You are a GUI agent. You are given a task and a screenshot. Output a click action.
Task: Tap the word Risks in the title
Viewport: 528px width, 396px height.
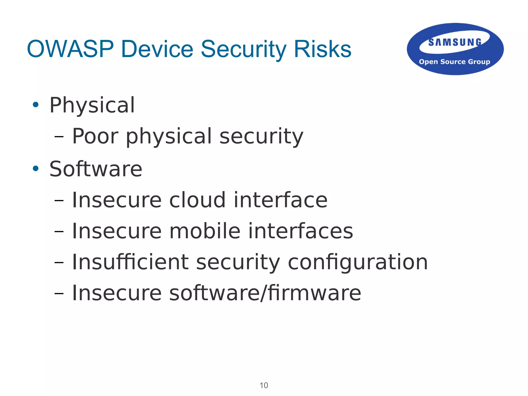[x=322, y=49]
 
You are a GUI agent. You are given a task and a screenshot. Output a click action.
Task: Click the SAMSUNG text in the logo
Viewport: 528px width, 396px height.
[x=455, y=42]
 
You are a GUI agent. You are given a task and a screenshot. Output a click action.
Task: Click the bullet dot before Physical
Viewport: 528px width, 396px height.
[x=36, y=105]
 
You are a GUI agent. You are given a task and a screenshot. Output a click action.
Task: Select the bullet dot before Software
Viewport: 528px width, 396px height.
[x=36, y=169]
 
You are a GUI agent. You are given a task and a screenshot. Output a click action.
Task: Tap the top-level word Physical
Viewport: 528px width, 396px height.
[x=92, y=105]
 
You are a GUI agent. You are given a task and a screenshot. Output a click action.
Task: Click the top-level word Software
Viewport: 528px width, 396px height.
[x=96, y=169]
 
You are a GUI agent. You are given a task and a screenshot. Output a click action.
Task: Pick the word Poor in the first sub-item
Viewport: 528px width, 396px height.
[x=95, y=136]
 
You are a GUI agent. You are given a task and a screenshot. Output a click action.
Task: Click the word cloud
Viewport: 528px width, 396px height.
[x=197, y=200]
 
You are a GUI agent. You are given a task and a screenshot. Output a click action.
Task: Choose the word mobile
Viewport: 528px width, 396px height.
[x=205, y=231]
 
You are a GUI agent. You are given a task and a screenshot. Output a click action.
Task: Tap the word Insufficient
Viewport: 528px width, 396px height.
[x=130, y=262]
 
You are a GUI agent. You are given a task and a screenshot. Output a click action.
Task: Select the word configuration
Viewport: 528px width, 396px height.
[x=358, y=262]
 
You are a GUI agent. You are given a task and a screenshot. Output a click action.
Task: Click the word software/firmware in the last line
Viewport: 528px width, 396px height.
[x=265, y=293]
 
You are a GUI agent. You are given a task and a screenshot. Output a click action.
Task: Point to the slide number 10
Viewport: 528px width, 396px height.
[x=264, y=385]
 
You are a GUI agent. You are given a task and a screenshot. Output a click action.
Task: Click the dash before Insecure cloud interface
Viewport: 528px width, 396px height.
[x=59, y=200]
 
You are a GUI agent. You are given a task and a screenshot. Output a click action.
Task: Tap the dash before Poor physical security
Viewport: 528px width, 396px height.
[x=59, y=137]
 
